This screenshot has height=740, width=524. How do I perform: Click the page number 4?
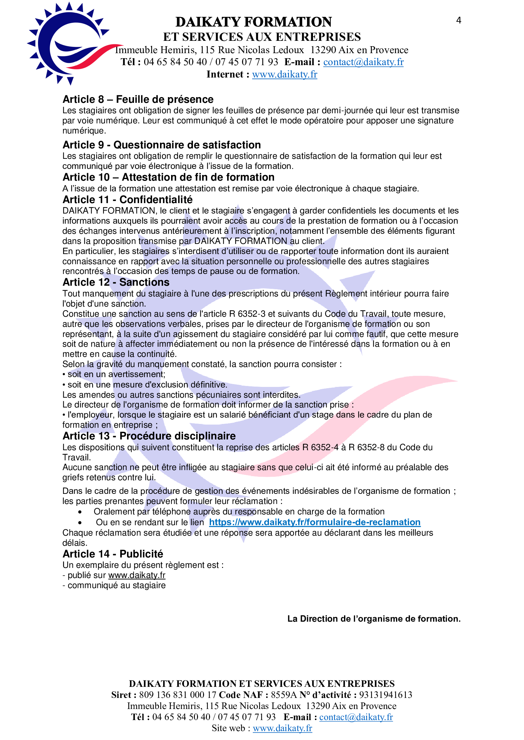click(458, 21)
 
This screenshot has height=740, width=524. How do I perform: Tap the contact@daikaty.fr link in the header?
click(363, 62)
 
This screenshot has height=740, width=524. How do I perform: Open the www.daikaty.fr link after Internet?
click(284, 74)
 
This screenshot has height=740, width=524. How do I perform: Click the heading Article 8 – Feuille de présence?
click(138, 99)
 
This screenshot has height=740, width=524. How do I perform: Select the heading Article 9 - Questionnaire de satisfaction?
click(161, 145)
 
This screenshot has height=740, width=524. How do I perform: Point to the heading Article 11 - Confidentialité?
click(127, 200)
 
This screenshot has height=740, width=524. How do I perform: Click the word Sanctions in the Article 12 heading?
click(144, 282)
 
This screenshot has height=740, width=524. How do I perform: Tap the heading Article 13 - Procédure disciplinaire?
click(149, 436)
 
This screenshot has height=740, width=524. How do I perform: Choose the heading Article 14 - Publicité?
click(112, 554)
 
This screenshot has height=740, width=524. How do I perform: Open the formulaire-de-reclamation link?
click(315, 522)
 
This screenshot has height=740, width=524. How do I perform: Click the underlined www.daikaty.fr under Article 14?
click(137, 575)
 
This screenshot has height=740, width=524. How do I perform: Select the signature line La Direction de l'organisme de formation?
click(374, 619)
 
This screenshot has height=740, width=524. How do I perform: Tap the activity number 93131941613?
click(386, 695)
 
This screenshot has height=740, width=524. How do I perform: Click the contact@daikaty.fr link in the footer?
click(356, 717)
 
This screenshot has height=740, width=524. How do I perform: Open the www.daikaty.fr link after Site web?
click(282, 728)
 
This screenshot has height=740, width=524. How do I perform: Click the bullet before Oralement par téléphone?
click(80, 512)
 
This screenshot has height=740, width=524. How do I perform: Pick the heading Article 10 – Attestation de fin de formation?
click(169, 177)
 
